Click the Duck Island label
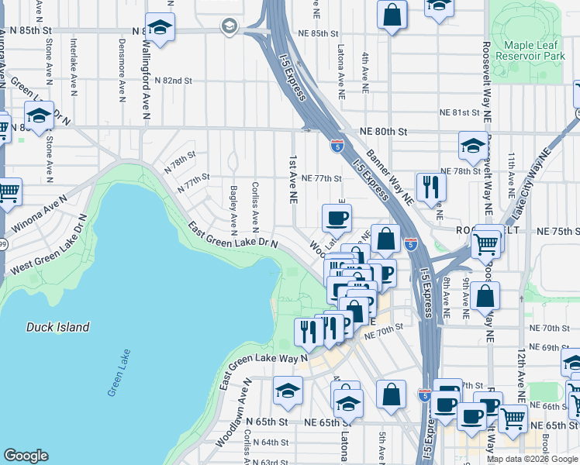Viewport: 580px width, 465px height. click(57, 327)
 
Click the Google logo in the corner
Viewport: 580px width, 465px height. click(26, 456)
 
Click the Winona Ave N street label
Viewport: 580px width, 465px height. click(40, 219)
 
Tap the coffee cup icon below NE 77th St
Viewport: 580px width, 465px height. click(337, 218)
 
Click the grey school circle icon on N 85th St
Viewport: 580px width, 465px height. click(229, 27)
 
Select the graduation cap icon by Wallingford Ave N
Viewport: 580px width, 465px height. click(160, 27)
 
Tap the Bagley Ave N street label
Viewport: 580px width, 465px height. click(233, 208)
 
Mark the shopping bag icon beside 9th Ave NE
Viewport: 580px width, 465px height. click(485, 295)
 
